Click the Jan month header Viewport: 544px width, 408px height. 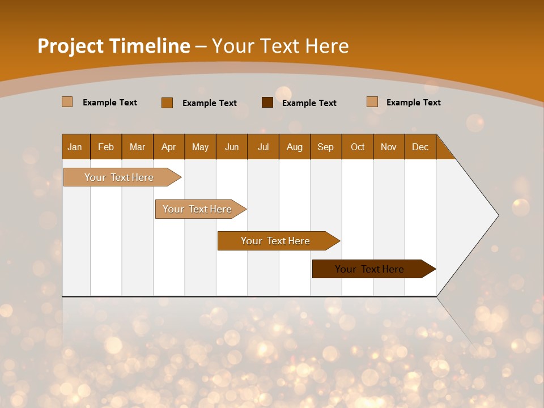(75, 147)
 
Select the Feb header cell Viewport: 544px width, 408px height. (106, 147)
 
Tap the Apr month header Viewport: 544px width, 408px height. (169, 147)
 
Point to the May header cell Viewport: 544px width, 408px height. (200, 147)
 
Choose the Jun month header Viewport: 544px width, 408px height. (232, 147)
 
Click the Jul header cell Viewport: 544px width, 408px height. (263, 147)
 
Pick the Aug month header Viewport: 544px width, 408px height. (295, 147)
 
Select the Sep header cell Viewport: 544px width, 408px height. (326, 147)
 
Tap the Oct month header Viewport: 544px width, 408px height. (358, 147)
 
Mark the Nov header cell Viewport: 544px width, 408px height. (389, 147)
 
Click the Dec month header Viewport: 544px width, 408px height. (420, 147)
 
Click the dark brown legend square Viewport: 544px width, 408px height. (267, 103)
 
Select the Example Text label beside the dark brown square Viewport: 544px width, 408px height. (309, 103)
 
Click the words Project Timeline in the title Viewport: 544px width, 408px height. (114, 46)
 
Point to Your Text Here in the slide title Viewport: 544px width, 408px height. (280, 46)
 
